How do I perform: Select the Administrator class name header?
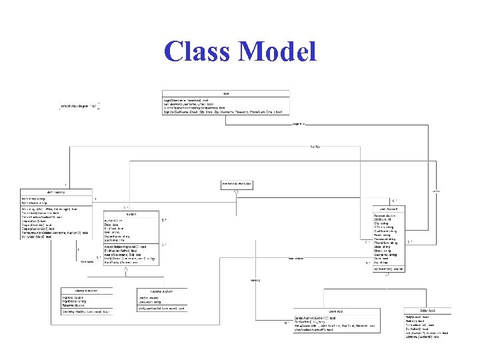(56, 192)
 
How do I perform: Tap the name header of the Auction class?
(131, 214)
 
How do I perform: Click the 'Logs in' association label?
(298, 123)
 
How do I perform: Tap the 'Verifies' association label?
(315, 146)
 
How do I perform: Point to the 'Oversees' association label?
(87, 262)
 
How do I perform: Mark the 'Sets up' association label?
(255, 279)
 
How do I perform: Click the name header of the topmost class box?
(226, 93)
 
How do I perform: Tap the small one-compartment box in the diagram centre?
(237, 183)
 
